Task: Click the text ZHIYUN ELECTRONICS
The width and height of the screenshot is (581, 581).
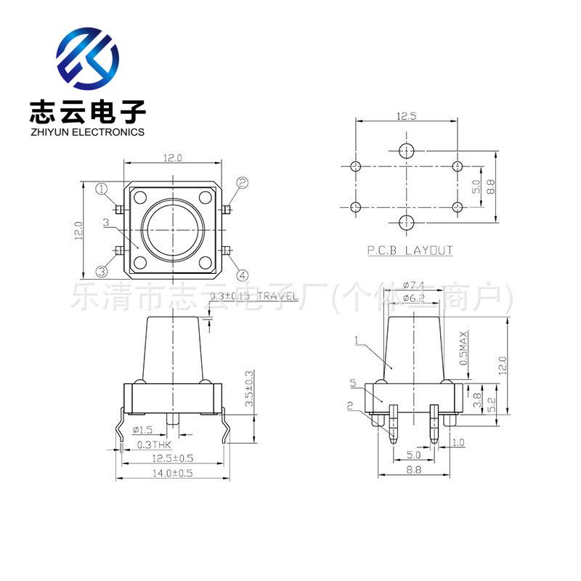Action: point(87,132)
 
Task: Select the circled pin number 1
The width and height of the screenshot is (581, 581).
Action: point(102,189)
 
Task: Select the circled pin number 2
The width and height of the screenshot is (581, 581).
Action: point(243,183)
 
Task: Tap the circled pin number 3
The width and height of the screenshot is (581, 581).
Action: point(102,271)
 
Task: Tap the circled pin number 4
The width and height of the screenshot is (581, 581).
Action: point(243,275)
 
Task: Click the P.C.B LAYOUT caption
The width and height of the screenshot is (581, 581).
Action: point(410,251)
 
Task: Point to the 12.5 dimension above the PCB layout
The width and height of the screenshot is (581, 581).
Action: point(406,116)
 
